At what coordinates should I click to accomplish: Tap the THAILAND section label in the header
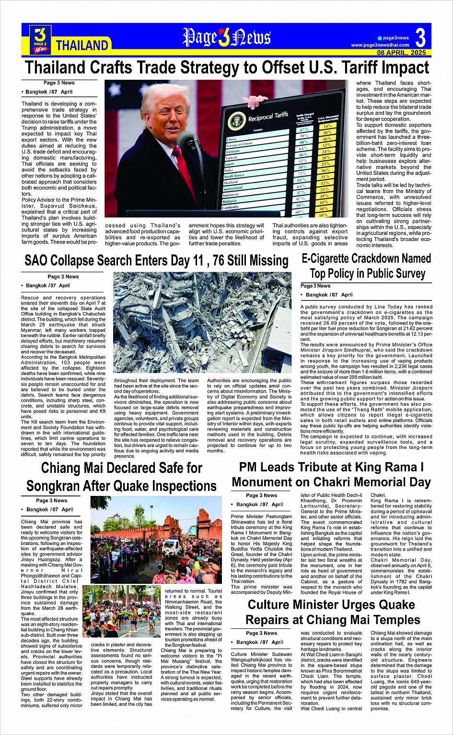(82, 46)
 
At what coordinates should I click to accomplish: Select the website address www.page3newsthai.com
(380, 45)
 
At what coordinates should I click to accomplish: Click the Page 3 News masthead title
(227, 37)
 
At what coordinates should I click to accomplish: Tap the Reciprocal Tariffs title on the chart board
(268, 117)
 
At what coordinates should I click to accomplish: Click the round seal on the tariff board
(236, 121)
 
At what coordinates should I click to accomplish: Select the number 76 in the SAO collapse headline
(218, 261)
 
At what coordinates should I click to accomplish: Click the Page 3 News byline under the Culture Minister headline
(261, 633)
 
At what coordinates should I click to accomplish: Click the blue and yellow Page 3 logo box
(40, 38)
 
